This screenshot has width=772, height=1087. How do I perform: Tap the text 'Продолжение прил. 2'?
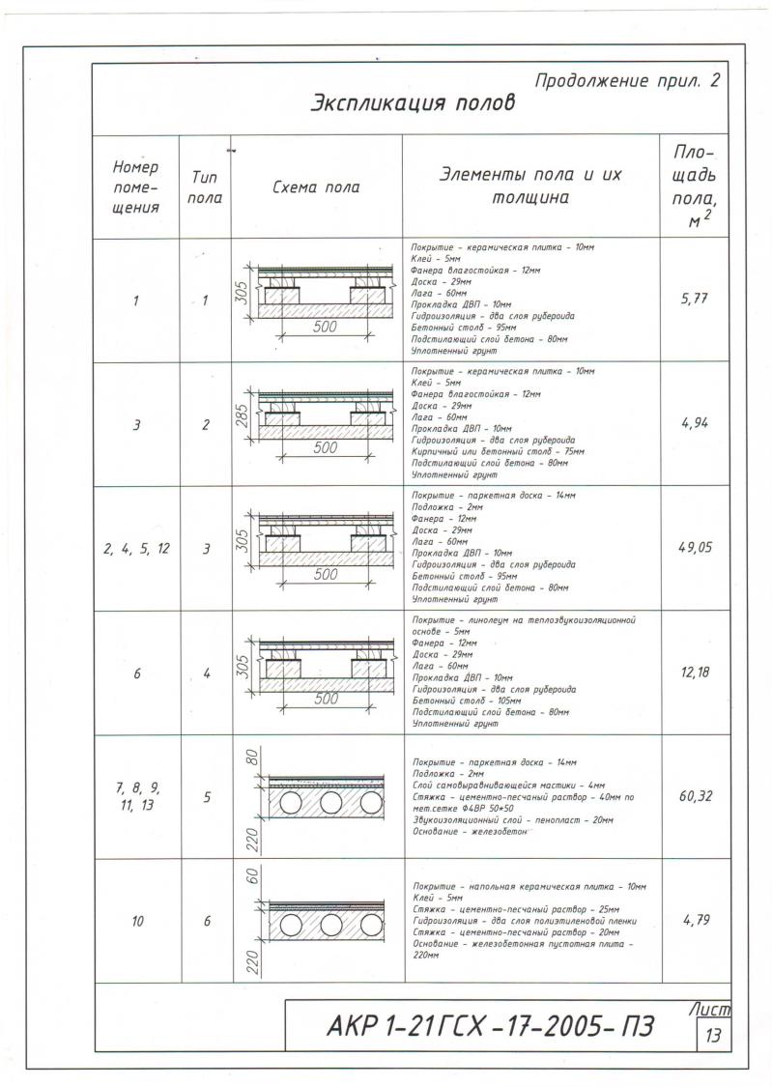[626, 81]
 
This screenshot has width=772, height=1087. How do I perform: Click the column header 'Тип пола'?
[205, 187]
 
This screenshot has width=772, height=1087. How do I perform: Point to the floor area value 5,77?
[696, 300]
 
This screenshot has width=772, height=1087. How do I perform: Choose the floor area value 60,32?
[696, 796]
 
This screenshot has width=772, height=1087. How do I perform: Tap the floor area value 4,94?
[696, 423]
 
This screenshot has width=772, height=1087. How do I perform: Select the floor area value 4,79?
[696, 920]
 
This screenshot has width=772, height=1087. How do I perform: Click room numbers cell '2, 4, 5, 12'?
[136, 549]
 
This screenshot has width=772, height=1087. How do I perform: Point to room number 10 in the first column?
[136, 922]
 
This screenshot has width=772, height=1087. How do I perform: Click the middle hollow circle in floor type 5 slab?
[330, 803]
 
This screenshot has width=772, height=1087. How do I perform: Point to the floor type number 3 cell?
[205, 549]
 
